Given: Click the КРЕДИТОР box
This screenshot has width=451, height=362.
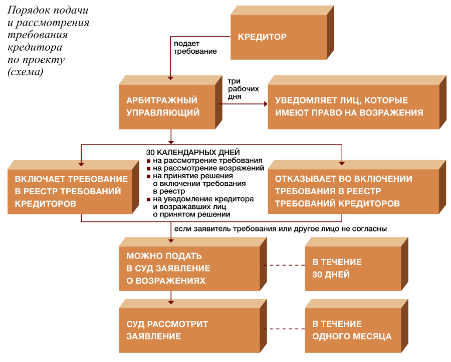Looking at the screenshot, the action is pyautogui.click(x=282, y=33).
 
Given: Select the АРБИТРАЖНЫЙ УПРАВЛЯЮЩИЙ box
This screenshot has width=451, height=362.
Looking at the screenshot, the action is pyautogui.click(x=170, y=102).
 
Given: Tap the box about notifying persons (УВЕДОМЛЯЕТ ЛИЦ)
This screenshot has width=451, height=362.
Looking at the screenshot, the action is pyautogui.click(x=357, y=102).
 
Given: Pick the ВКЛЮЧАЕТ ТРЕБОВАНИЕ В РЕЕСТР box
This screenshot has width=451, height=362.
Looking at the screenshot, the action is pyautogui.click(x=73, y=187).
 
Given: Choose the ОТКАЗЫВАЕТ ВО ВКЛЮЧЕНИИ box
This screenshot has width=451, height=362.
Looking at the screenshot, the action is pyautogui.click(x=357, y=187).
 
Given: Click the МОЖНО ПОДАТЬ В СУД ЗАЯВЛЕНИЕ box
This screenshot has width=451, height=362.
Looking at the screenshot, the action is pyautogui.click(x=193, y=264).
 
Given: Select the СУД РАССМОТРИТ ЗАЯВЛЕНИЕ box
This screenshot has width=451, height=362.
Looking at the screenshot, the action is pyautogui.click(x=193, y=326).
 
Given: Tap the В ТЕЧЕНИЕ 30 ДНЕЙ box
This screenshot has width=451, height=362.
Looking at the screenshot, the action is pyautogui.click(x=357, y=264).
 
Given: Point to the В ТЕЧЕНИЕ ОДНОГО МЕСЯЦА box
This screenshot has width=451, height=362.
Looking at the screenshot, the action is pyautogui.click(x=357, y=326).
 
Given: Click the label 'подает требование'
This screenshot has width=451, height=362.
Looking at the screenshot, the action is pyautogui.click(x=195, y=47).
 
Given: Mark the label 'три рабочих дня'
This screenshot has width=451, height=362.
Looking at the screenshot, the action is pyautogui.click(x=243, y=89).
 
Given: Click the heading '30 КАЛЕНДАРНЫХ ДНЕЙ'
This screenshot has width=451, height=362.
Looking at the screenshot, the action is pyautogui.click(x=193, y=152).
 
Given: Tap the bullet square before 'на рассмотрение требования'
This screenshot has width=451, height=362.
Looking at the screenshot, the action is pyautogui.click(x=148, y=161).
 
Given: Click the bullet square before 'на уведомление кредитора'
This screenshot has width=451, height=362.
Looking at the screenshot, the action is pyautogui.click(x=148, y=199).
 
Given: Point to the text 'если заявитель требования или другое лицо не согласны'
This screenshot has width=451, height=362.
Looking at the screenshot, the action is pyautogui.click(x=281, y=229).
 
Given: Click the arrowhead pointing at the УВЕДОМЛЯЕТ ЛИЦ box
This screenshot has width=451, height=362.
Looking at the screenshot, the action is pyautogui.click(x=266, y=104).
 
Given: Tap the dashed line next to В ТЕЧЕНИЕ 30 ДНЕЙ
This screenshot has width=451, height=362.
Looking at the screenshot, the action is pyautogui.click(x=284, y=265).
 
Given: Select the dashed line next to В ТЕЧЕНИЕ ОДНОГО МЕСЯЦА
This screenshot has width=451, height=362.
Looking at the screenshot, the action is pyautogui.click(x=284, y=329).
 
